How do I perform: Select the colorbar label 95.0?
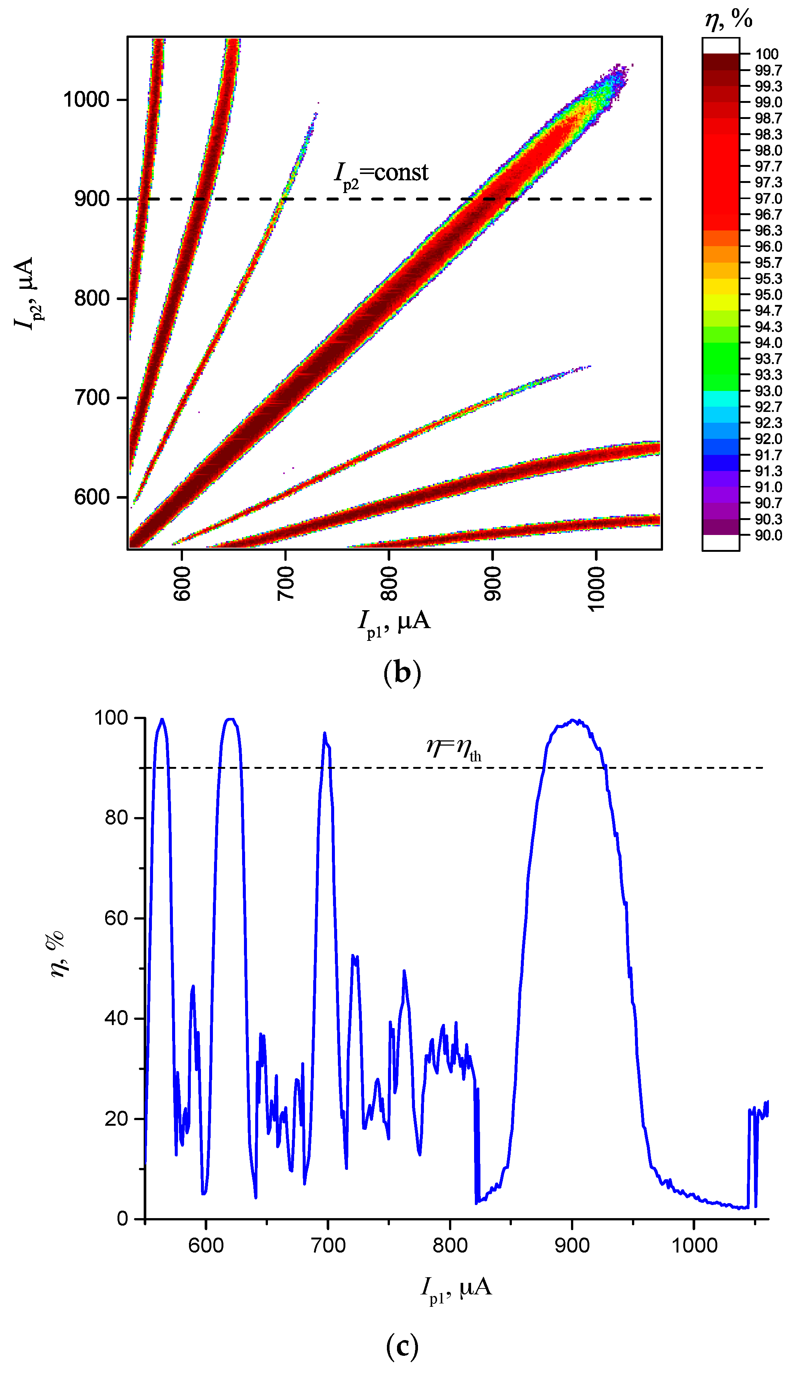(x=768, y=295)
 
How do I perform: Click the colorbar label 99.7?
(x=768, y=70)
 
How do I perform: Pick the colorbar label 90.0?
(x=768, y=535)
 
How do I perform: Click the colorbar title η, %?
(x=729, y=19)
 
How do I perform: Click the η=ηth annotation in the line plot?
(x=454, y=747)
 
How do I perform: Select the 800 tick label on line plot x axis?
(x=450, y=1245)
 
